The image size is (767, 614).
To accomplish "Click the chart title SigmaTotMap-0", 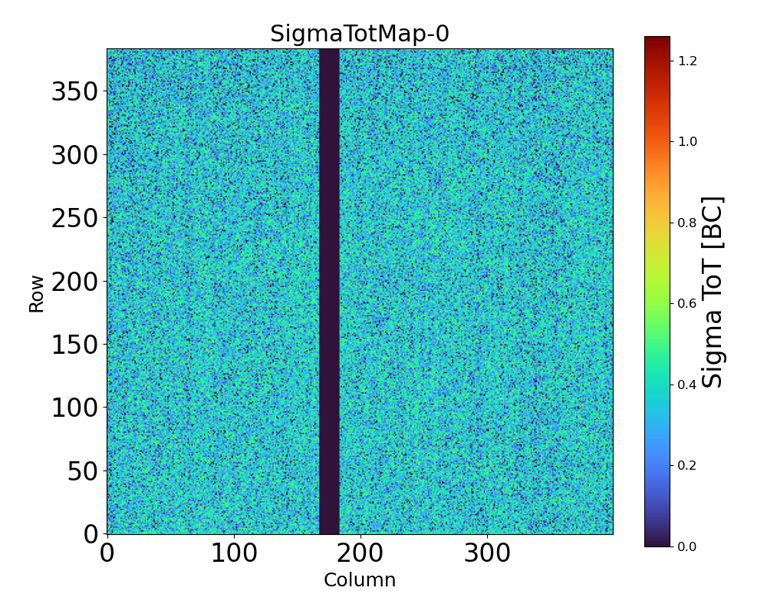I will [x=359, y=35].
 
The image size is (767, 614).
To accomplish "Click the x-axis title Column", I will [x=360, y=580].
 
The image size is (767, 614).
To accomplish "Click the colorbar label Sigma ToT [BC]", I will [x=713, y=292].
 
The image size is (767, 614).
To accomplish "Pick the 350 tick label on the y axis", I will [x=75, y=92].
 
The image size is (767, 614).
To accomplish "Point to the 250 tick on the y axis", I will [x=75, y=219].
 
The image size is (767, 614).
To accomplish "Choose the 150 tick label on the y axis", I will [x=75, y=345].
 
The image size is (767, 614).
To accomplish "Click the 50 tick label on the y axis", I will [x=84, y=471].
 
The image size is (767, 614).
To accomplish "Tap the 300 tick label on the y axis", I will [x=75, y=156].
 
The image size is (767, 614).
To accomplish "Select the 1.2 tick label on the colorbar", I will [x=688, y=60].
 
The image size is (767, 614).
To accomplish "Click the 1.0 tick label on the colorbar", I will [x=688, y=141].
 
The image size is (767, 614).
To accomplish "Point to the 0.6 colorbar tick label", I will [x=688, y=303].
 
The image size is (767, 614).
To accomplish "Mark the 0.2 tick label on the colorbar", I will [x=688, y=465].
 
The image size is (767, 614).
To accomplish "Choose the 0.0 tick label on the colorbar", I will [x=688, y=546].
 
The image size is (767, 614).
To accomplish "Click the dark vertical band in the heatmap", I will [x=329, y=292].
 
